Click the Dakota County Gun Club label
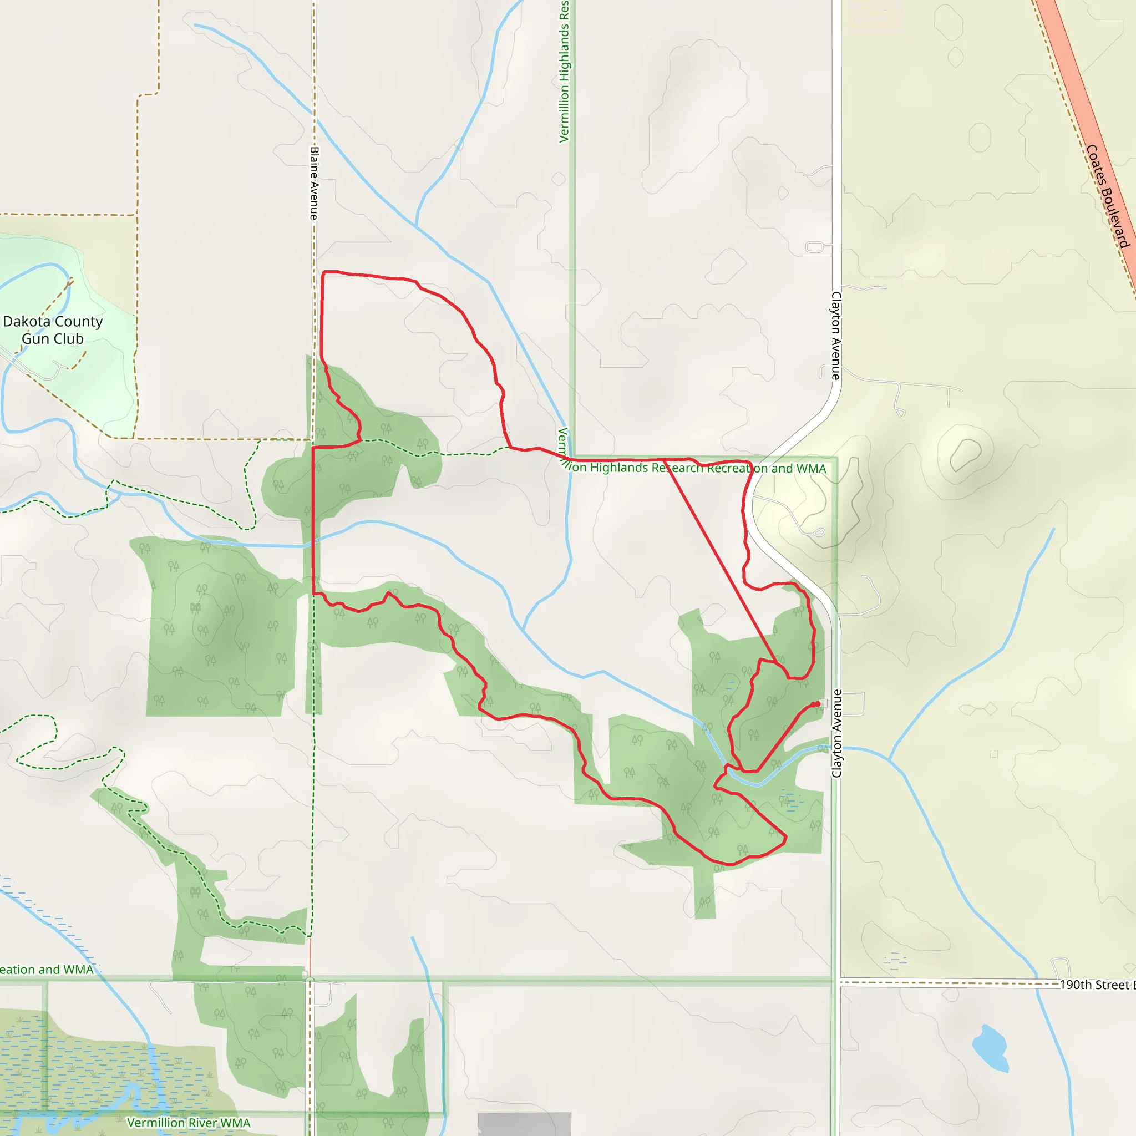(52, 330)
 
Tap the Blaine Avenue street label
(314, 184)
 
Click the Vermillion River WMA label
(189, 1123)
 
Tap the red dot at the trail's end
(817, 704)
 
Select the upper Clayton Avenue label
(835, 335)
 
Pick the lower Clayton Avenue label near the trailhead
(836, 733)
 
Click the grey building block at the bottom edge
(524, 1124)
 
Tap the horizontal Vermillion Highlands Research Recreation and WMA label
(694, 468)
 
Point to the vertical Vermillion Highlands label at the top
(565, 70)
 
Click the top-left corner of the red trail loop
(324, 272)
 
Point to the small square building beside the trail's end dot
(823, 703)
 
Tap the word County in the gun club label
(78, 322)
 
